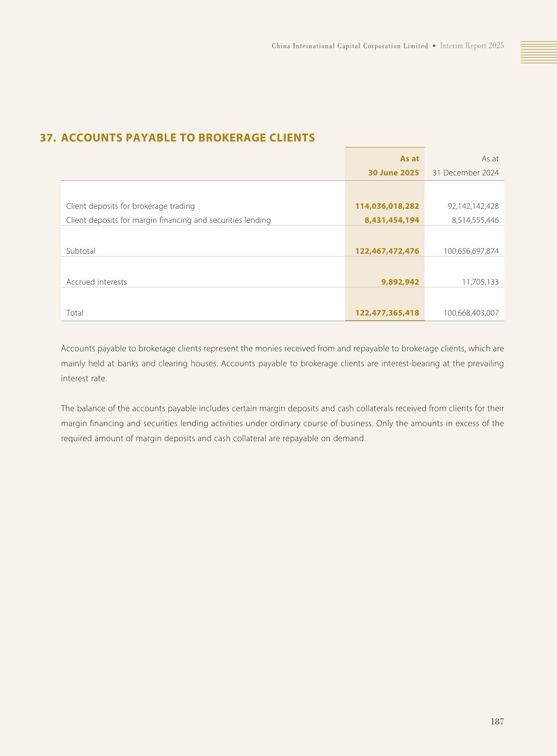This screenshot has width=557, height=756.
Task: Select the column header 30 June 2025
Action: click(393, 173)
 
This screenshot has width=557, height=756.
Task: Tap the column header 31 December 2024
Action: click(465, 173)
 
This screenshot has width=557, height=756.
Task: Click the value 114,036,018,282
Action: click(387, 206)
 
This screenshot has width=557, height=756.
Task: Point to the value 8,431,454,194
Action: click(392, 220)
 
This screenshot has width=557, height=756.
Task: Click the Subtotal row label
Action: click(81, 251)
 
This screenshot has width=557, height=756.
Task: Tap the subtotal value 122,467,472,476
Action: click(387, 251)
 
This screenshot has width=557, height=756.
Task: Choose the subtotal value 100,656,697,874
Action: click(471, 251)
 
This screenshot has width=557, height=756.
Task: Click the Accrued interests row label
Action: click(96, 282)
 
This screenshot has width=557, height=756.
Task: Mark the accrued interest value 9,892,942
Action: click(400, 282)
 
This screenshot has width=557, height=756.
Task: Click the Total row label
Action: click(75, 313)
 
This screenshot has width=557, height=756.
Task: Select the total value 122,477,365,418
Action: click(387, 313)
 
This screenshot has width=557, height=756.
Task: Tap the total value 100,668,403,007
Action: click(471, 313)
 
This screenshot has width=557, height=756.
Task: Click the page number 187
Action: click(497, 721)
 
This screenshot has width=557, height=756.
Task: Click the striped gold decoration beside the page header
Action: click(539, 52)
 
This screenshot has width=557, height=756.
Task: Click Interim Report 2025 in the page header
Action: click(472, 46)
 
